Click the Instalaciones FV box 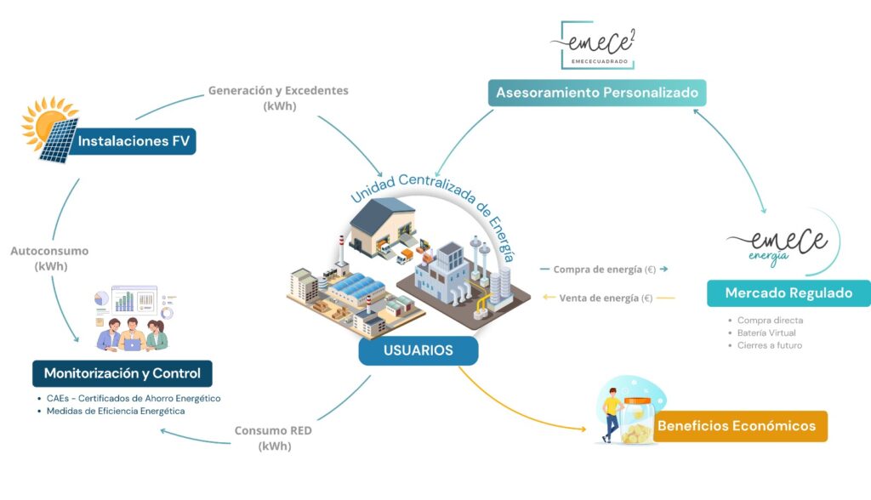click(134, 141)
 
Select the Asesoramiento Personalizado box click(596, 92)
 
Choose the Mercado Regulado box click(788, 293)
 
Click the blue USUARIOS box click(418, 350)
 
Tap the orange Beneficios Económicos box click(737, 426)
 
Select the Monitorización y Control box click(122, 373)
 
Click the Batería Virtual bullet click(766, 332)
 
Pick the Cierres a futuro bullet click(770, 345)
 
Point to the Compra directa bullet click(771, 320)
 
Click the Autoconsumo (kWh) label click(49, 259)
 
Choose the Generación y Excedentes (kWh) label click(278, 98)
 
